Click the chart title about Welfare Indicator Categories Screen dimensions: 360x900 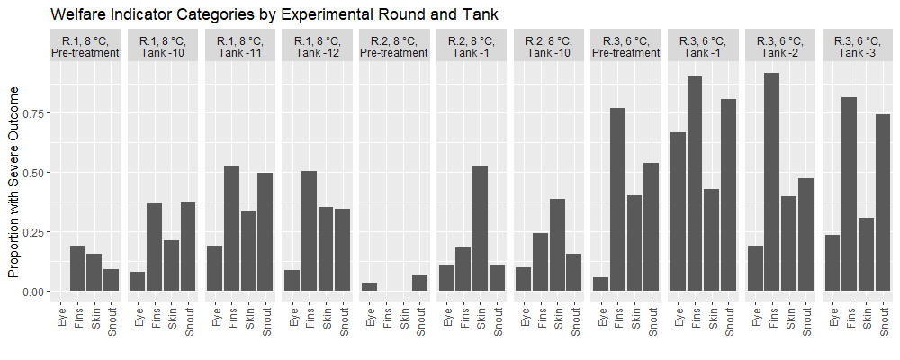274,14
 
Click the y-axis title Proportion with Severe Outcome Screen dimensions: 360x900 13,183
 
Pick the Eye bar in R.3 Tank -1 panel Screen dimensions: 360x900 678,211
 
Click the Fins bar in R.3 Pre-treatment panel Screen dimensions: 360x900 617,200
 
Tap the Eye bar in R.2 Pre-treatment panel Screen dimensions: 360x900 369,287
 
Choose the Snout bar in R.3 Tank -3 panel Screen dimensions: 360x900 883,202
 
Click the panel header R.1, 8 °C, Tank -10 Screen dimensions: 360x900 163,47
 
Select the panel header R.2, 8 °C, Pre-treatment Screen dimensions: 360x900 394,47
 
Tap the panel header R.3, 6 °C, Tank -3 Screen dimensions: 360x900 858,47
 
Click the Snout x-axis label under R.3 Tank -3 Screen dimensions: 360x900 884,321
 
